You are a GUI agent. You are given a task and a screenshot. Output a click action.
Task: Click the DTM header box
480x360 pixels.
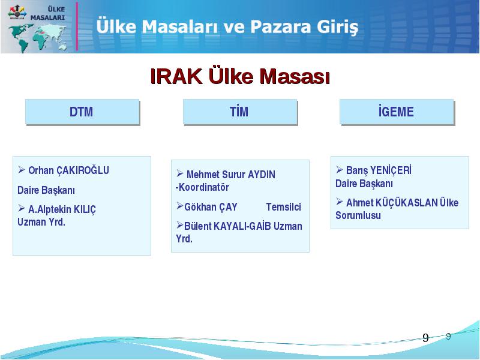[x=82, y=112]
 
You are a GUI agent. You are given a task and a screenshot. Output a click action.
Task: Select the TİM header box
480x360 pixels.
[x=241, y=112]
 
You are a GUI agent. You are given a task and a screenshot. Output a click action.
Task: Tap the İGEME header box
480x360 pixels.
[x=397, y=112]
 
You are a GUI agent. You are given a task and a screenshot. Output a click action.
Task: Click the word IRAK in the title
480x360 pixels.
[x=176, y=76]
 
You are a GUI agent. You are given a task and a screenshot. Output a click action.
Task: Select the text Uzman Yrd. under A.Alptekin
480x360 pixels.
[x=41, y=222]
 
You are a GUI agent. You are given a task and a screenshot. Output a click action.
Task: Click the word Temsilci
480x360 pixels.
[x=283, y=207]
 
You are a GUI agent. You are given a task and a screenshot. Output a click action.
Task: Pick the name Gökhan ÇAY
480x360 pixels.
[x=211, y=207]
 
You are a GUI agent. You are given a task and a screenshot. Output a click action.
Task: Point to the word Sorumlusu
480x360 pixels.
[x=358, y=215]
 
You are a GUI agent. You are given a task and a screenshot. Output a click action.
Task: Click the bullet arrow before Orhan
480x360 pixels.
[x=22, y=169]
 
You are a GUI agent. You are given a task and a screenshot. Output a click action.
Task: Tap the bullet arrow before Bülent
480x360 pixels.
[x=179, y=226]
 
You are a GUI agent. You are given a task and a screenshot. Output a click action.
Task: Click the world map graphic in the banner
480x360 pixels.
[x=37, y=38]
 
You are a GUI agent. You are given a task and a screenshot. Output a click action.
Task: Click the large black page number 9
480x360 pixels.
[x=425, y=338]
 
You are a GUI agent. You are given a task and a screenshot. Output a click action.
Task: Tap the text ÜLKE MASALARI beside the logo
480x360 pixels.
[x=48, y=13]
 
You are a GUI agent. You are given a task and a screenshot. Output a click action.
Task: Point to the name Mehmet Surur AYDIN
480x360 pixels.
[x=231, y=175]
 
